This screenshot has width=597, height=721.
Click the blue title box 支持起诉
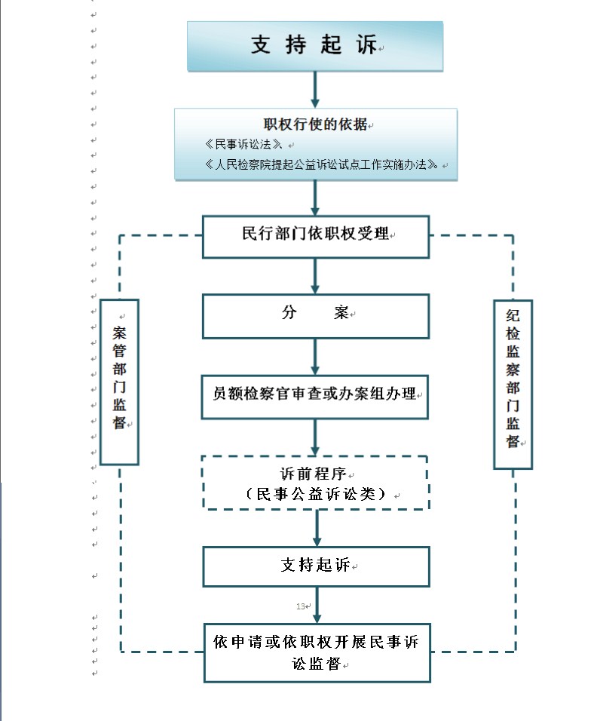[x=315, y=46]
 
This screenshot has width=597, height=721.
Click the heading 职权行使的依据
[x=315, y=125]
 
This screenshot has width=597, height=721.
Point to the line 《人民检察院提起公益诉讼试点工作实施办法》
[x=321, y=164]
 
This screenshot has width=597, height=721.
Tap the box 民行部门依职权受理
[x=315, y=235]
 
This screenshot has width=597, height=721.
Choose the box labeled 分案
[x=315, y=314]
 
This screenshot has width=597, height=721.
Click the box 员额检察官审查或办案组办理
[x=315, y=395]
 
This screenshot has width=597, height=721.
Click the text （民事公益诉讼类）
[x=316, y=495]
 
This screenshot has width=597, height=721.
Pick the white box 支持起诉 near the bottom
[x=316, y=566]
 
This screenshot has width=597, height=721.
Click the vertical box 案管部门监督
[x=119, y=381]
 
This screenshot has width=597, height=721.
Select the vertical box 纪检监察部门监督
[x=513, y=384]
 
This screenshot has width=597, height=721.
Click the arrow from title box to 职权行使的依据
[x=315, y=91]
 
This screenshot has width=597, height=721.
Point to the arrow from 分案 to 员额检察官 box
[x=315, y=356]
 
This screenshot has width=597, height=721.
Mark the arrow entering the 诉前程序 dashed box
[x=315, y=437]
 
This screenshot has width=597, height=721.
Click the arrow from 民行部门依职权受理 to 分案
[x=315, y=276]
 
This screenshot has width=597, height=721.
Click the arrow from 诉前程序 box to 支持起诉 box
[x=317, y=528]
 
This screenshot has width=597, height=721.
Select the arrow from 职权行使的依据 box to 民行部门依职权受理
[x=315, y=198]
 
